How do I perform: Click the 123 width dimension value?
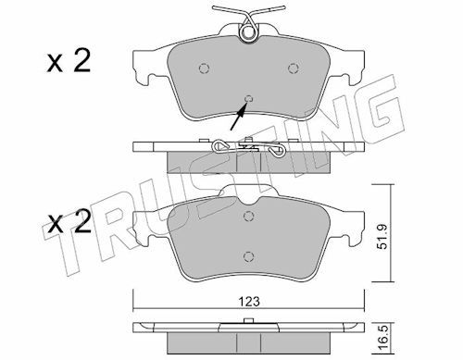pyautogui.click(x=249, y=302)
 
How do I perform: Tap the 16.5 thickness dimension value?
pyautogui.click(x=382, y=340)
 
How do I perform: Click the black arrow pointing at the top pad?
pyautogui.click(x=239, y=117)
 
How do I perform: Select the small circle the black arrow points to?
pyautogui.click(x=249, y=99)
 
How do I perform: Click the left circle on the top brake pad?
pyautogui.click(x=204, y=68)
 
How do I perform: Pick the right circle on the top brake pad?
pyautogui.click(x=294, y=68)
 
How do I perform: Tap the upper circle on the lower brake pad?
pyautogui.click(x=249, y=217)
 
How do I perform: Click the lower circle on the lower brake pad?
pyautogui.click(x=249, y=256)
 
